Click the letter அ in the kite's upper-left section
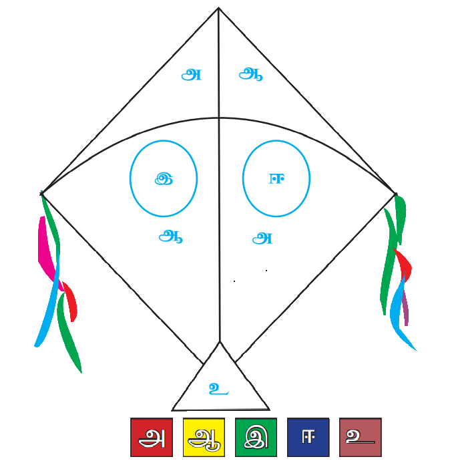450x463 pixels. pyautogui.click(x=192, y=75)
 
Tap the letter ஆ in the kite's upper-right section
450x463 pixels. pyautogui.click(x=250, y=73)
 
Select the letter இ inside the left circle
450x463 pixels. pyautogui.click(x=164, y=179)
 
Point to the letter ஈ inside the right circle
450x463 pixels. pyautogui.click(x=276, y=178)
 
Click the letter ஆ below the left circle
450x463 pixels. pyautogui.click(x=170, y=237)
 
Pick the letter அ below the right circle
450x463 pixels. pyautogui.click(x=262, y=239)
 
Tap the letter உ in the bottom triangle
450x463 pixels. pyautogui.click(x=218, y=389)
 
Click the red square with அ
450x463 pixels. pyautogui.click(x=152, y=437)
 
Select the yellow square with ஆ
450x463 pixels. pyautogui.click(x=204, y=437)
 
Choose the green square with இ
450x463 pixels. pyautogui.click(x=256, y=437)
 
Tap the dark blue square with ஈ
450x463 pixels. pyautogui.click(x=308, y=437)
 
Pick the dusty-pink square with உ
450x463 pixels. pyautogui.click(x=361, y=437)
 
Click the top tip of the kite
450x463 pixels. pyautogui.click(x=218, y=7)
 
